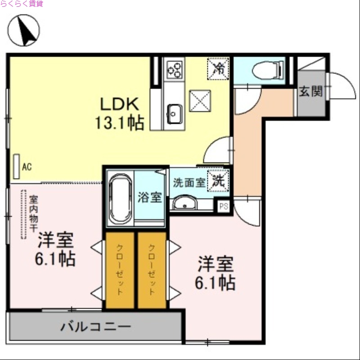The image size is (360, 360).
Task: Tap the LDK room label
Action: [118, 104]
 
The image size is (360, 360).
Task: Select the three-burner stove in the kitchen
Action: [174, 69]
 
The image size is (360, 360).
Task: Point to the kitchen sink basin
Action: [174, 113]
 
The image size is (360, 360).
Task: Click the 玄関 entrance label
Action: [311, 92]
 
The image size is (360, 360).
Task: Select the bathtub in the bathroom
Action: [119, 198]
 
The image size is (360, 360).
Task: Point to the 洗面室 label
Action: [189, 183]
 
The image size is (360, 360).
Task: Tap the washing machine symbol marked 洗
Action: [218, 181]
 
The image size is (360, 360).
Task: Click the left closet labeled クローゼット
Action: [120, 270]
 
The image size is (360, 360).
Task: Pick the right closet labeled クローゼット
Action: [152, 270]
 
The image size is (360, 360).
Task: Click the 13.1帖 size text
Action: [120, 122]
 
